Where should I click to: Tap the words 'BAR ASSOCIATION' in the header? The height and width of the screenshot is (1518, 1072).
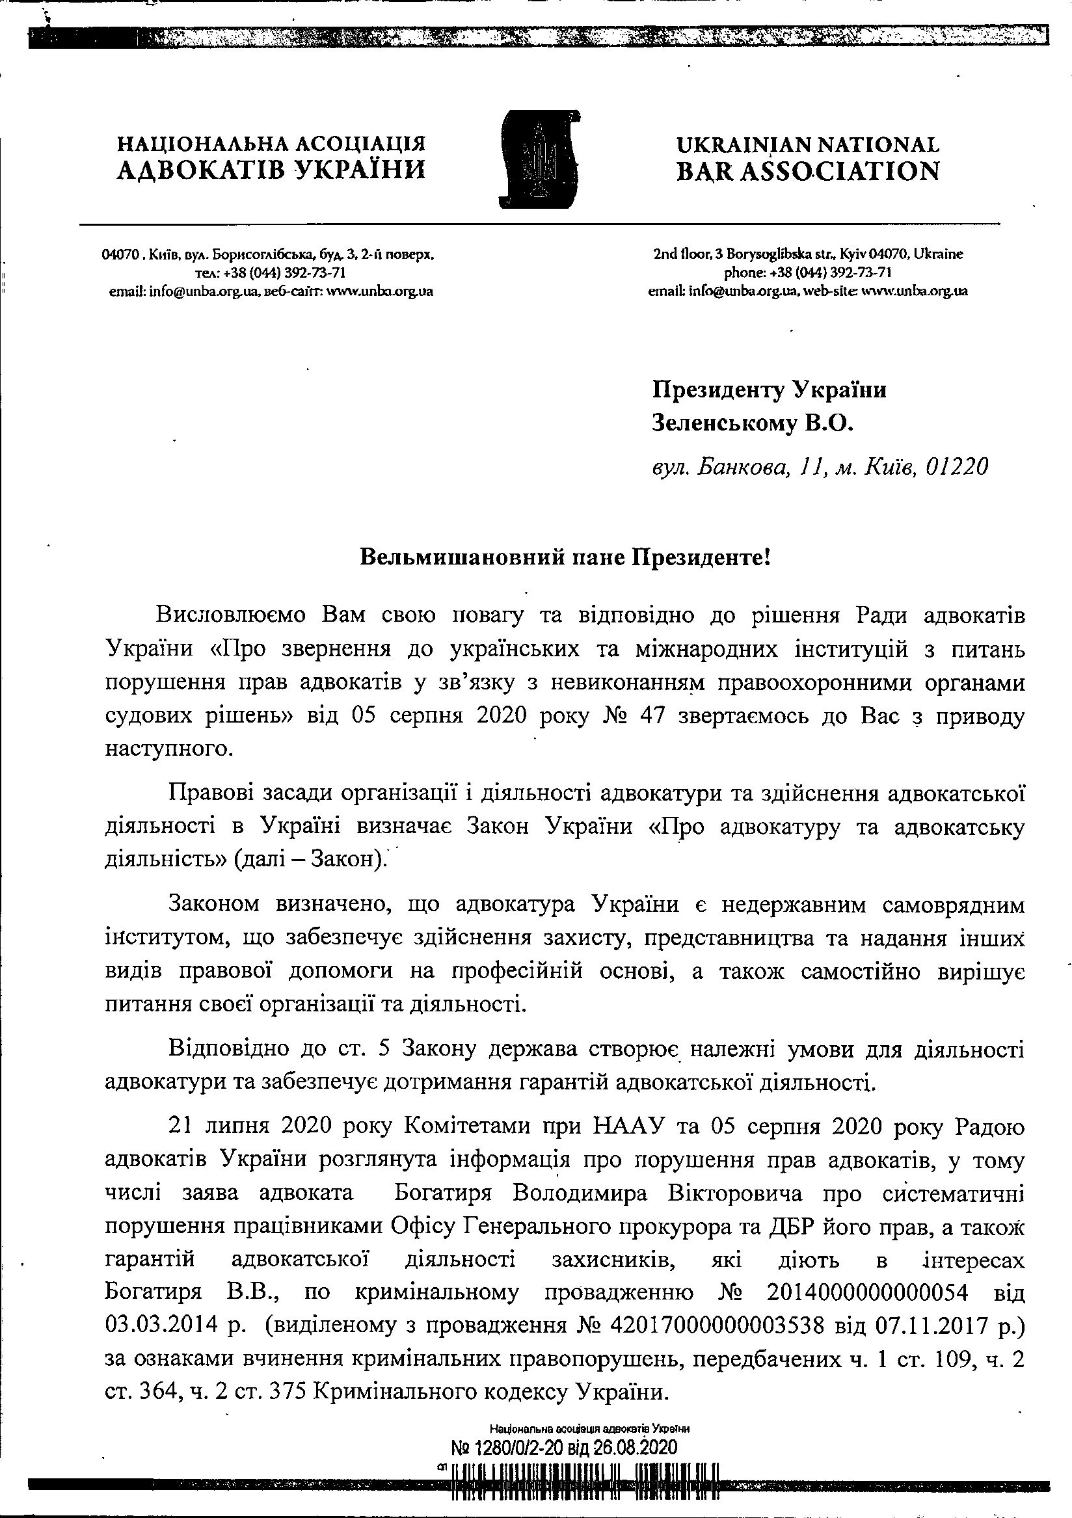pyautogui.click(x=807, y=172)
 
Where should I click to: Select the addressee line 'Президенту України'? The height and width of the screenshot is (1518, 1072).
pyautogui.click(x=769, y=390)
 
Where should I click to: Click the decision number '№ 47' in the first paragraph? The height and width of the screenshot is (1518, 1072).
pyautogui.click(x=625, y=717)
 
